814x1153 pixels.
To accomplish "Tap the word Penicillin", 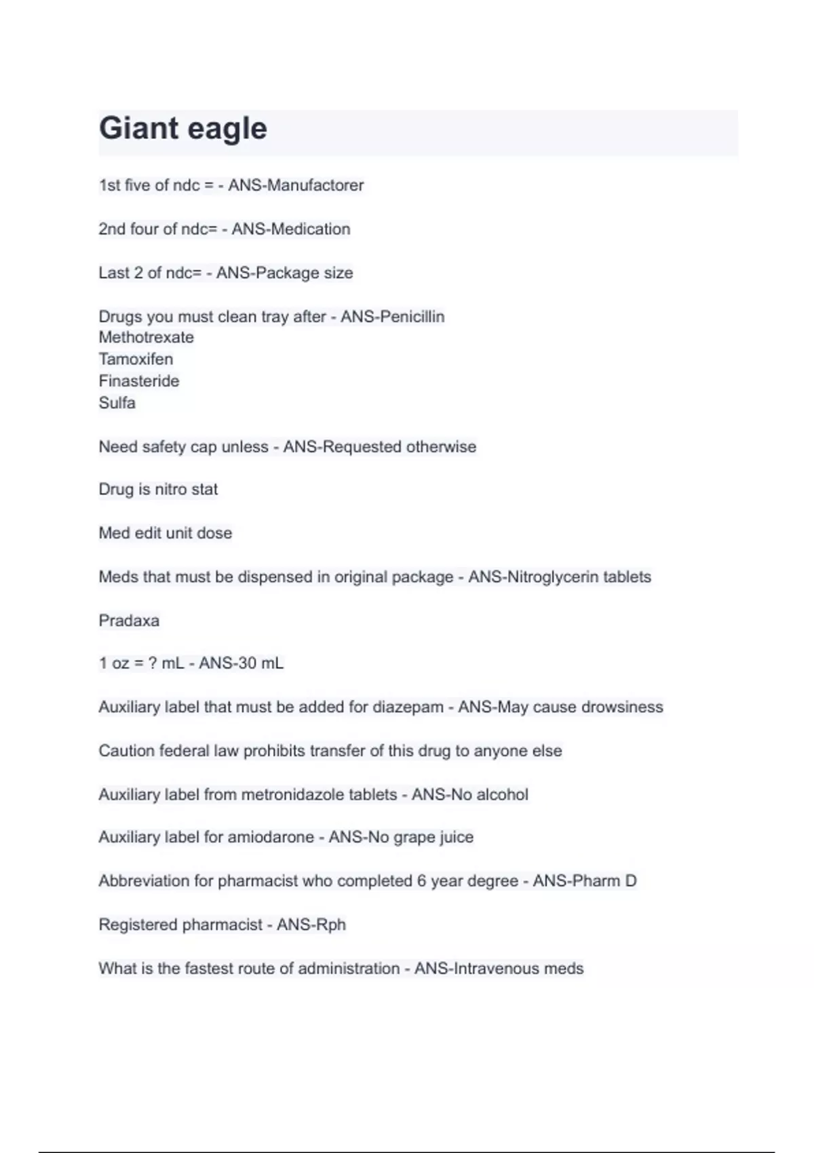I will tap(411, 317).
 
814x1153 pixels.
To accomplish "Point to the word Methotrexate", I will tap(146, 337).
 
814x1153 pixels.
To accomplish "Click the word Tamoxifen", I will tap(136, 359).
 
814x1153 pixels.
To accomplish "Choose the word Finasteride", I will tap(138, 381).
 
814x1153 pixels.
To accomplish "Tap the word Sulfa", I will tap(117, 403).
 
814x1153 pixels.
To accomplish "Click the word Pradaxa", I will tap(129, 621).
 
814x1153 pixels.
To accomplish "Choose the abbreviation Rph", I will tap(330, 925).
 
